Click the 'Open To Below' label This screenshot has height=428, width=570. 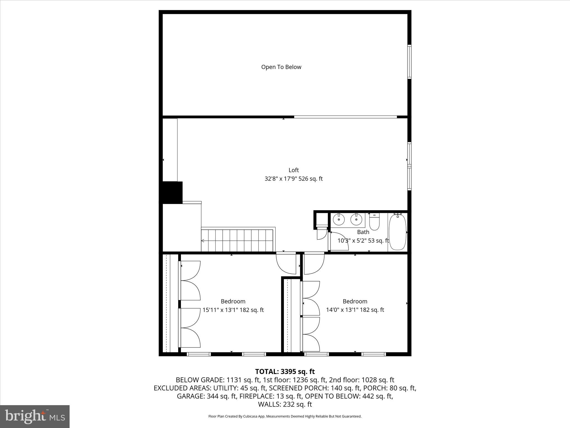(281, 67)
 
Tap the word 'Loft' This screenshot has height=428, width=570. (294, 170)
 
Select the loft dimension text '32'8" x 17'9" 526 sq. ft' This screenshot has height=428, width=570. (293, 179)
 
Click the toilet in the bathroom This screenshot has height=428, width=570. (374, 222)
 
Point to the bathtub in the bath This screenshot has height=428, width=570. (397, 232)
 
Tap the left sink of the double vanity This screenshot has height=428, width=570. (339, 220)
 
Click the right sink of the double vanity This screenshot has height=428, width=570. (356, 220)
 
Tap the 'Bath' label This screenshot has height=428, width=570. (363, 232)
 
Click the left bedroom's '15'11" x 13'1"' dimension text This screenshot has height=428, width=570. (233, 310)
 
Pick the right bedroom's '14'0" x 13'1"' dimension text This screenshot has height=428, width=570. (355, 310)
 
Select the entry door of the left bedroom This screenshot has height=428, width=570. (286, 263)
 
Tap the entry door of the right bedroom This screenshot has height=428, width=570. (314, 263)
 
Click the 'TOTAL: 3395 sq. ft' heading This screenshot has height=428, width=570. (285, 371)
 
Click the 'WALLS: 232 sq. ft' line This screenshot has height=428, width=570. (285, 404)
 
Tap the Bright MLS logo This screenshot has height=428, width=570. (35, 416)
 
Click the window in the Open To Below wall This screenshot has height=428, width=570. (409, 62)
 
